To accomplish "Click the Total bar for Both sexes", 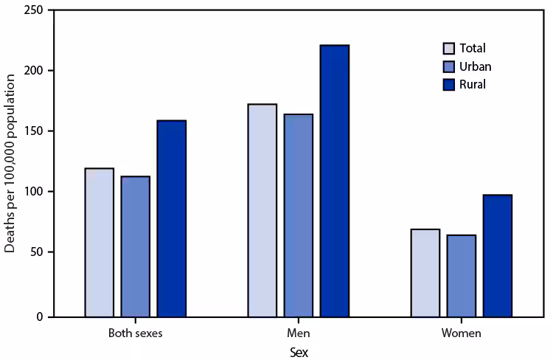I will tap(100, 242).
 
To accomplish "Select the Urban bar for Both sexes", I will tap(136, 246).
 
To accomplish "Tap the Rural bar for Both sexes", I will tap(171, 218).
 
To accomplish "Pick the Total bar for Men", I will tap(262, 210).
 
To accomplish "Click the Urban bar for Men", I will tap(298, 215).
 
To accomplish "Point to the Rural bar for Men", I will tap(334, 181).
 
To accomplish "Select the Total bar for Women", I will tap(425, 272).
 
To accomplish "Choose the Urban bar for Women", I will tap(461, 275).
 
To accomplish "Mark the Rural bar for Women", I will tap(497, 255).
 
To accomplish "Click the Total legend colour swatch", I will tap(448, 49).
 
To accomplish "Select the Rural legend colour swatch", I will tap(448, 84).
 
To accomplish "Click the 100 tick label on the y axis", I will tap(32, 192).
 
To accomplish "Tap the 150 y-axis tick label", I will tap(32, 131).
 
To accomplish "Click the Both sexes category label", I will tap(135, 333).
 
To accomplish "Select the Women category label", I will tap(461, 333).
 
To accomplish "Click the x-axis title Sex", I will tap(298, 352).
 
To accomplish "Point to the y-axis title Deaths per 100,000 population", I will tap(10, 164).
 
